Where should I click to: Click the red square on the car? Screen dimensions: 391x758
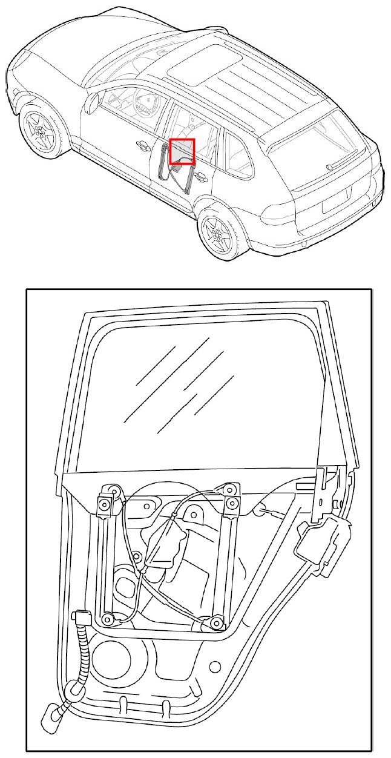pyautogui.click(x=182, y=151)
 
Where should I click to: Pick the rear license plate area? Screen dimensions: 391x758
pyautogui.click(x=337, y=200)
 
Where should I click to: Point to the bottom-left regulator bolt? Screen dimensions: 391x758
pyautogui.click(x=107, y=618)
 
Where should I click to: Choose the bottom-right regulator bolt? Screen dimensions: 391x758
pyautogui.click(x=215, y=622)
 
